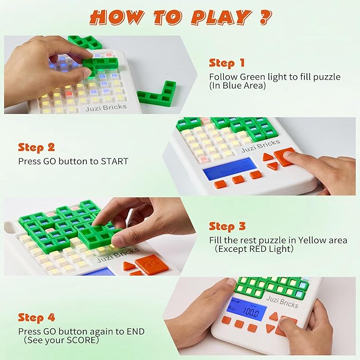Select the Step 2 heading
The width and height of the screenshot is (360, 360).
click(x=37, y=147)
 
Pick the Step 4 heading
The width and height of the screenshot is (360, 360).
click(x=37, y=318)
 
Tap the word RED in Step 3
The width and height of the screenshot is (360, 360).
click(x=267, y=249)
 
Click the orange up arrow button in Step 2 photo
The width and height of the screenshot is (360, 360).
click(x=268, y=156)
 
